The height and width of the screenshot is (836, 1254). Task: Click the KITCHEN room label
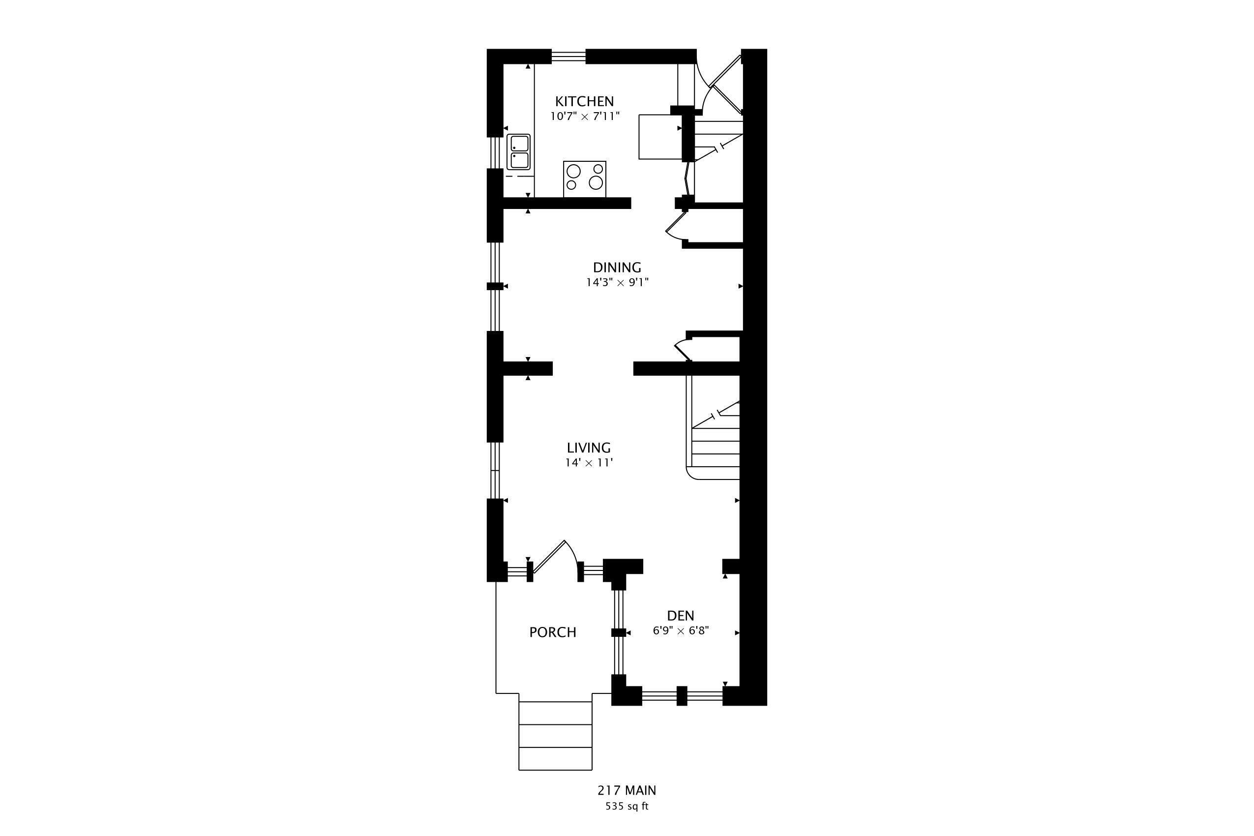pyautogui.click(x=584, y=101)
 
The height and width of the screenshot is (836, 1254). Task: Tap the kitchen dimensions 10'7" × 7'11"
pyautogui.click(x=585, y=116)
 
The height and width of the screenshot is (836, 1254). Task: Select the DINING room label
pyautogui.click(x=617, y=267)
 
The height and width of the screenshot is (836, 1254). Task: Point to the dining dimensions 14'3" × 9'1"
pyautogui.click(x=617, y=283)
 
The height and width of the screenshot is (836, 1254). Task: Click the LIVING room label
pyautogui.click(x=589, y=448)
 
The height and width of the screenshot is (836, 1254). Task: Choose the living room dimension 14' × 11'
pyautogui.click(x=589, y=463)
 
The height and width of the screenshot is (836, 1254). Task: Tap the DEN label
pyautogui.click(x=680, y=616)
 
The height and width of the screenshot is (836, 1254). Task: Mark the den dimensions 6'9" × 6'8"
pyautogui.click(x=680, y=631)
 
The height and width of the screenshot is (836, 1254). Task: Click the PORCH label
pyautogui.click(x=552, y=632)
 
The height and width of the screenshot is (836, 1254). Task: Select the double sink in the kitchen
pyautogui.click(x=518, y=152)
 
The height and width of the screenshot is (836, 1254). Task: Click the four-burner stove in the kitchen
pyautogui.click(x=584, y=179)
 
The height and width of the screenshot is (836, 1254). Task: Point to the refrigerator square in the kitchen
pyautogui.click(x=660, y=137)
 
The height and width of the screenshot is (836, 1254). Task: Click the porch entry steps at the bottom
pyautogui.click(x=555, y=736)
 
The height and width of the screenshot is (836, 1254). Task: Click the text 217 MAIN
pyautogui.click(x=627, y=790)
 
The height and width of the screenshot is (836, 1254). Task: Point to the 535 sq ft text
pyautogui.click(x=627, y=806)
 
